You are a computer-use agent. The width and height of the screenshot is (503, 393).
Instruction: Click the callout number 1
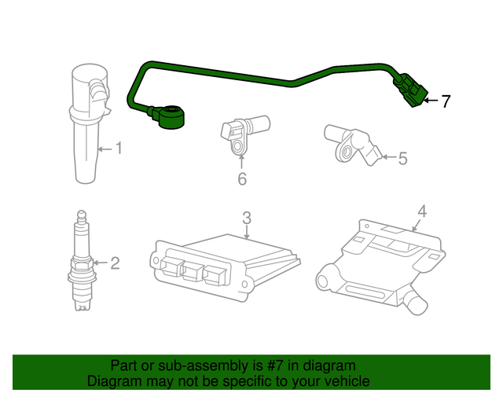tap(119, 148)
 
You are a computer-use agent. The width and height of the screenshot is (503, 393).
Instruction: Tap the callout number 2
tap(115, 263)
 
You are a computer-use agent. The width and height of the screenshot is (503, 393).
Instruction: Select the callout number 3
tap(246, 217)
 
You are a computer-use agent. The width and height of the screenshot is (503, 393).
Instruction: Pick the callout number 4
tap(421, 211)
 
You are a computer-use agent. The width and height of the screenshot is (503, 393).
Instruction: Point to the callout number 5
tap(402, 160)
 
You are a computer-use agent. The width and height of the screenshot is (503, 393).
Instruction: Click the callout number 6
tap(242, 180)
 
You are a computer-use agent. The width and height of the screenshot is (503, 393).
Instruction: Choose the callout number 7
tap(446, 101)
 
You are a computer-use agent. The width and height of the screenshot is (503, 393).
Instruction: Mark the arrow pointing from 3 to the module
tap(246, 232)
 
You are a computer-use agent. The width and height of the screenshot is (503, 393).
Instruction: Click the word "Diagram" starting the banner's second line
tap(113, 380)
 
